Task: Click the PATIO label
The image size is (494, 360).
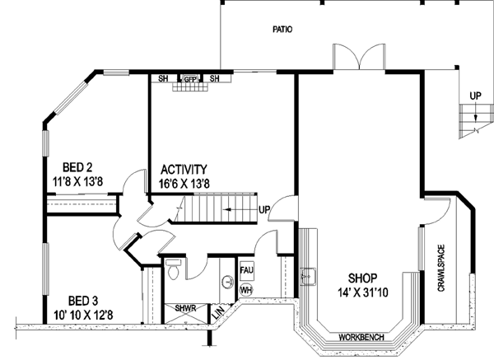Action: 283,29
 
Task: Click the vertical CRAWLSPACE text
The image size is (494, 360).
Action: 441,269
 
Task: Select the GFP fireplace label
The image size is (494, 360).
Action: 189,79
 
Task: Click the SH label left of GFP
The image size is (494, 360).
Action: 163,79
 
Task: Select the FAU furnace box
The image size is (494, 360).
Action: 246,269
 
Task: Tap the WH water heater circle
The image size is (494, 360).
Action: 246,290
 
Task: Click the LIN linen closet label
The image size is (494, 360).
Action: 218,314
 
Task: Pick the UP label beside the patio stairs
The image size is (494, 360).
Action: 475,96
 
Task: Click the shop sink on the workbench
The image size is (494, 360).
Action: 311,278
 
